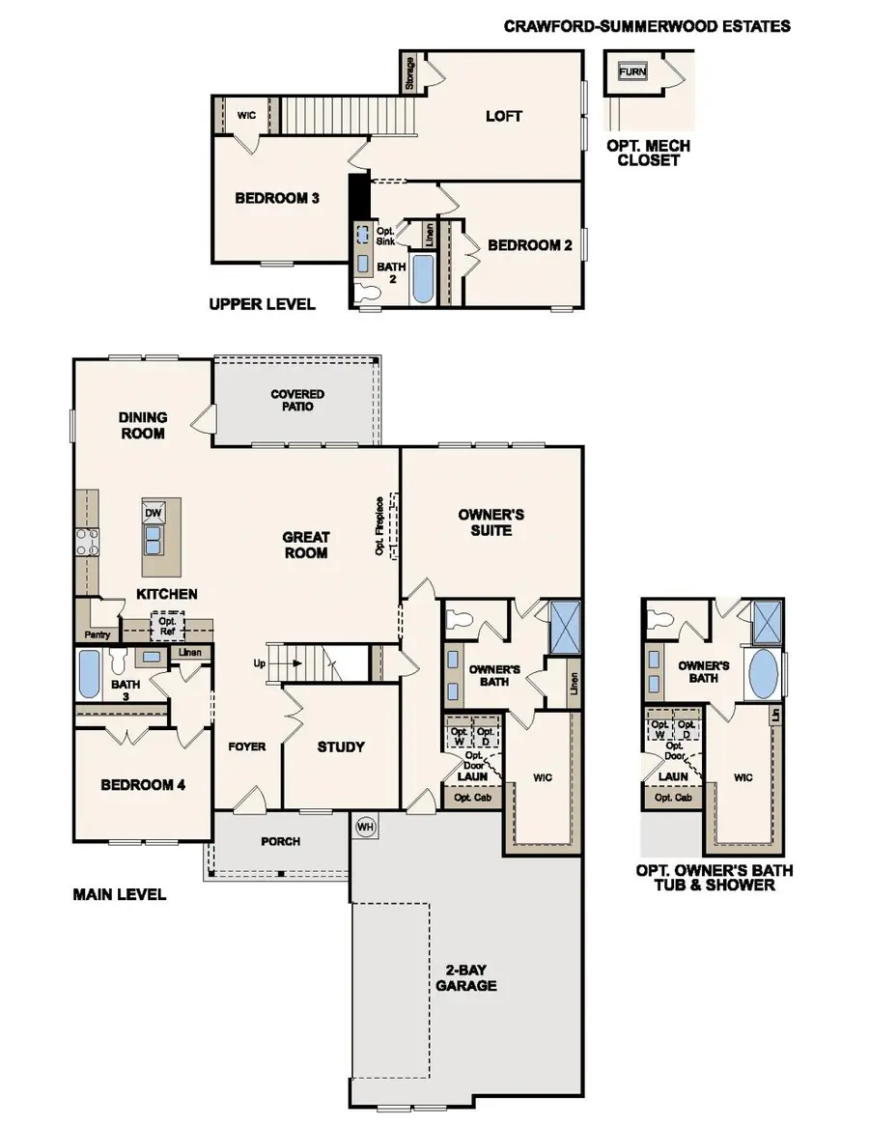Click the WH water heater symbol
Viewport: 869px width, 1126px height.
[x=365, y=827]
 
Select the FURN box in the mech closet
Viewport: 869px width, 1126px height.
[x=632, y=70]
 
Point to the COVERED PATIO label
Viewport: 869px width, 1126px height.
[x=297, y=400]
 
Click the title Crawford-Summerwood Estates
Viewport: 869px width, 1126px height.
[x=646, y=26]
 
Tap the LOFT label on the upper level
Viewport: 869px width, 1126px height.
[x=503, y=116]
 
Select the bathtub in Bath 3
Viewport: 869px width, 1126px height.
[x=89, y=675]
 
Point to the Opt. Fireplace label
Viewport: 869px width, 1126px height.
[x=380, y=526]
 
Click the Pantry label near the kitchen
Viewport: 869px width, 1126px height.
[x=98, y=634]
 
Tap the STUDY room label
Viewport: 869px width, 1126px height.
[x=341, y=746]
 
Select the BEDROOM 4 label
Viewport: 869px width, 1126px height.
[x=143, y=784]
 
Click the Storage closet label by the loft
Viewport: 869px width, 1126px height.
[x=410, y=72]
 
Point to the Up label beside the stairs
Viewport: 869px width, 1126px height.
[x=259, y=664]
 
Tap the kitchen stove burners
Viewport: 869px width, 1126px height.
[x=87, y=542]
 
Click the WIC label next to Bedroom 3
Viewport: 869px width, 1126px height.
[x=245, y=115]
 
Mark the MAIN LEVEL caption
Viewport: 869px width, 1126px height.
[x=120, y=894]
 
